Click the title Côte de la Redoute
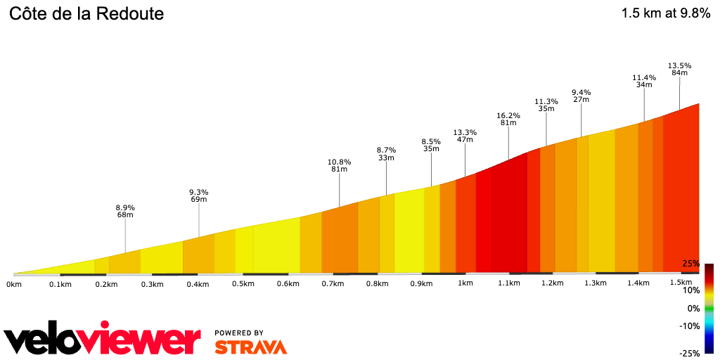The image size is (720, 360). (86, 13)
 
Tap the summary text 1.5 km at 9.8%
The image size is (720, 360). (666, 13)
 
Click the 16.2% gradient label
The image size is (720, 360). (508, 115)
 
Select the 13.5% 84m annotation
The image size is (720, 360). (679, 69)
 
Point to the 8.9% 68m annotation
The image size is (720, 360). (125, 211)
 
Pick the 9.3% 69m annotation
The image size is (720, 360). (199, 195)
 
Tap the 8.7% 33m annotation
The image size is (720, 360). (386, 154)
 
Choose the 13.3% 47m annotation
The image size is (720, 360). (465, 136)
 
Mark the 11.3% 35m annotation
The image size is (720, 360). (546, 105)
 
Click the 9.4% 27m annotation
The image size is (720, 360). (581, 96)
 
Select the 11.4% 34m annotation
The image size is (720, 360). (644, 81)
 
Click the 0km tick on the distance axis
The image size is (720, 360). (14, 284)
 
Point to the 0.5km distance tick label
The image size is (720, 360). (243, 284)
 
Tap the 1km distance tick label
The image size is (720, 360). (465, 283)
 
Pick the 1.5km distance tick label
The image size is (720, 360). (681, 283)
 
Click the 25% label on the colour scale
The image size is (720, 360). (690, 264)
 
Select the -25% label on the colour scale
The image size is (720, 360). (689, 353)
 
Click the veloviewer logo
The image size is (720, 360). (102, 340)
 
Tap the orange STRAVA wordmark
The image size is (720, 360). (250, 347)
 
